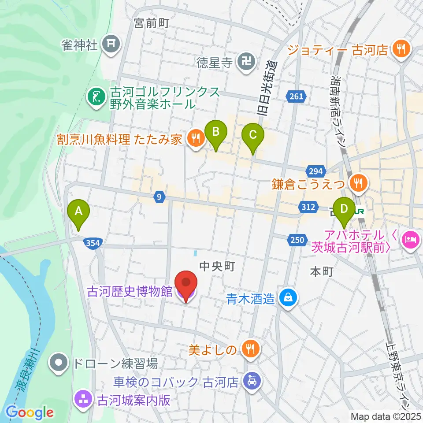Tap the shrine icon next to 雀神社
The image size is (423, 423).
click(x=108, y=45)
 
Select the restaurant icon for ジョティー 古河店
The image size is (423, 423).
click(x=401, y=49)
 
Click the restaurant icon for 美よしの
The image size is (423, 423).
click(x=250, y=350)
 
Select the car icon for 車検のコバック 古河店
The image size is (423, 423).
click(x=251, y=380)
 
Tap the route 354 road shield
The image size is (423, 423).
click(x=93, y=243)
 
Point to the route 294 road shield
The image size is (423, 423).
click(x=316, y=171)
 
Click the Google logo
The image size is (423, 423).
click(x=30, y=413)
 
